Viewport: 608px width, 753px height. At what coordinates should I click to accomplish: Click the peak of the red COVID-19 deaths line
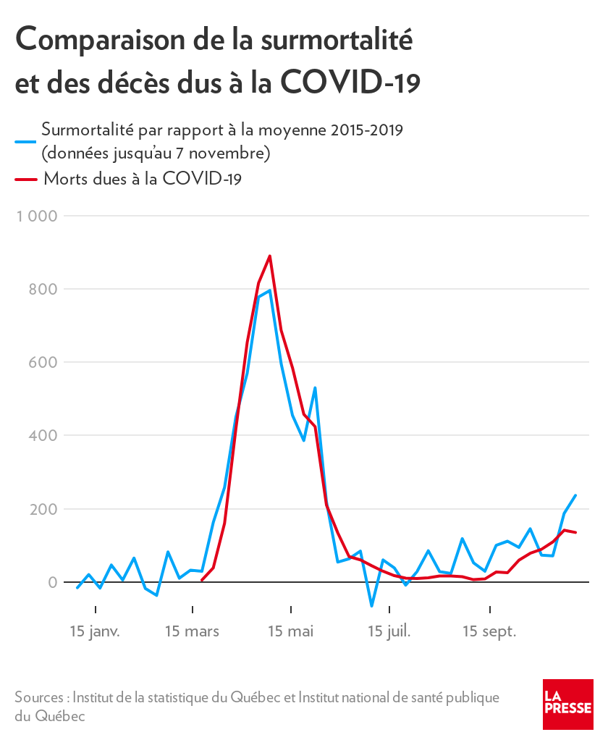pos(269,256)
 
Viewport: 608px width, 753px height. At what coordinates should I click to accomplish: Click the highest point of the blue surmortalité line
pos(269,290)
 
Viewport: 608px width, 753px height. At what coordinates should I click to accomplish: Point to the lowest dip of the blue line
pos(371,606)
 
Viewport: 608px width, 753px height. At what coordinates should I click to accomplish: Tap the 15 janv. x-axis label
pos(95,631)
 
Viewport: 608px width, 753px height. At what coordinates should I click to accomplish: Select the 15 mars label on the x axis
pos(192,631)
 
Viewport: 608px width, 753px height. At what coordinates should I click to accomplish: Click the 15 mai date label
pos(291,631)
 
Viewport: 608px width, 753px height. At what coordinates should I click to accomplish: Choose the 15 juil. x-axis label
pos(389,631)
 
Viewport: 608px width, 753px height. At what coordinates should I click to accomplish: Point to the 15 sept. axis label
pos(489,631)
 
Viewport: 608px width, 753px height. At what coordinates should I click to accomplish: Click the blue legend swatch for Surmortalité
pos(25,142)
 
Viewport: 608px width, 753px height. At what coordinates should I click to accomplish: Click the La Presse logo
pos(568,704)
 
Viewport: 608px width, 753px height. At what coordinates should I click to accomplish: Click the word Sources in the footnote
pos(40,697)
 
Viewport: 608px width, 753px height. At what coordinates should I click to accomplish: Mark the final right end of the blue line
pos(575,495)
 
